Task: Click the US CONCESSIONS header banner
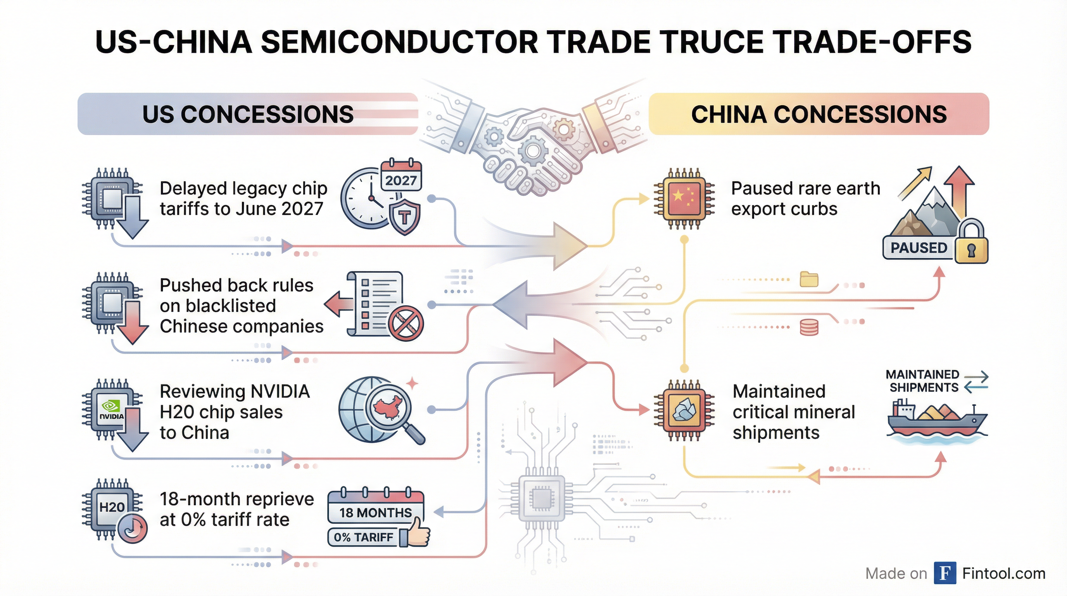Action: point(247,114)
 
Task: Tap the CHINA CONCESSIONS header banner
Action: point(818,114)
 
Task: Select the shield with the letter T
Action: point(405,217)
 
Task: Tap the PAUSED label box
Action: point(919,248)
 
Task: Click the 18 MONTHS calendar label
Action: point(375,512)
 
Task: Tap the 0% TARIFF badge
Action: point(363,537)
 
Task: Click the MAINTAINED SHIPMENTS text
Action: point(922,381)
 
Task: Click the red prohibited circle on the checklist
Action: point(406,323)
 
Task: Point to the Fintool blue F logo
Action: point(945,573)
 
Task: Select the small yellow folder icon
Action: point(809,279)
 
